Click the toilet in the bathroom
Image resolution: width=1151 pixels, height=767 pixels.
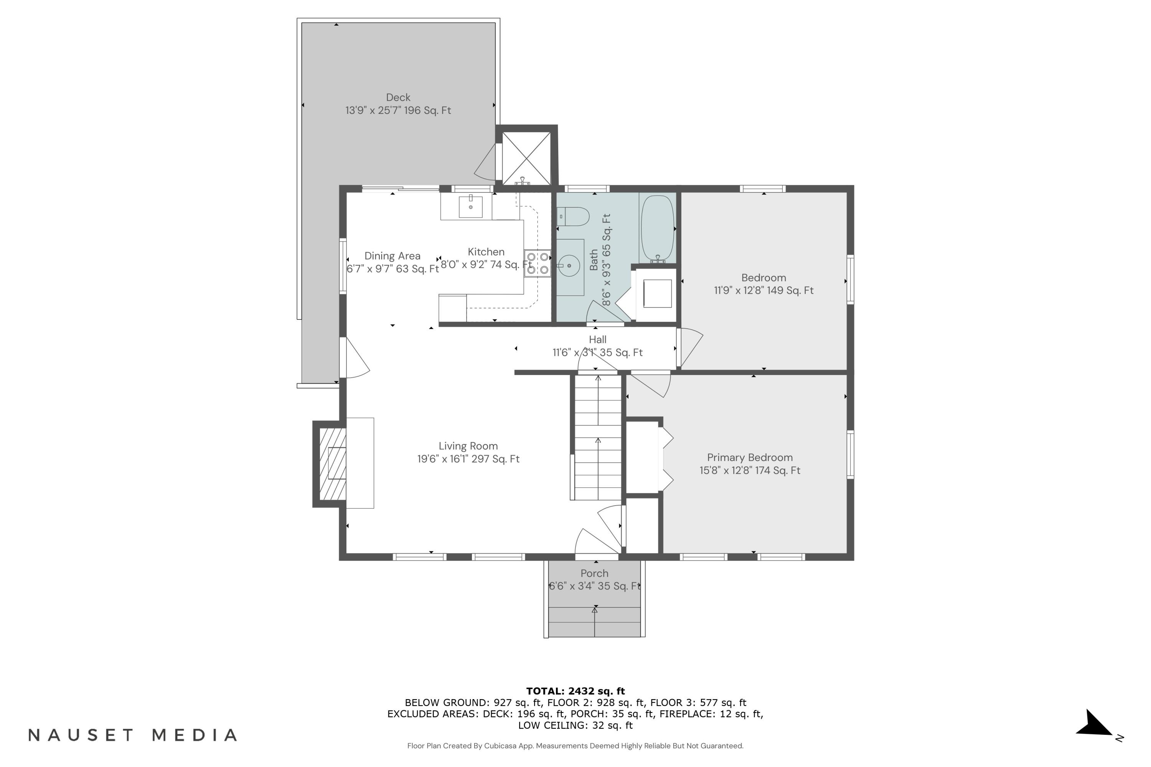point(573,216)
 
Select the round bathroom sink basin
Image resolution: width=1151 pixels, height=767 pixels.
point(569,266)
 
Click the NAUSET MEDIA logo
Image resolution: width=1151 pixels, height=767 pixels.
point(133,735)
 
